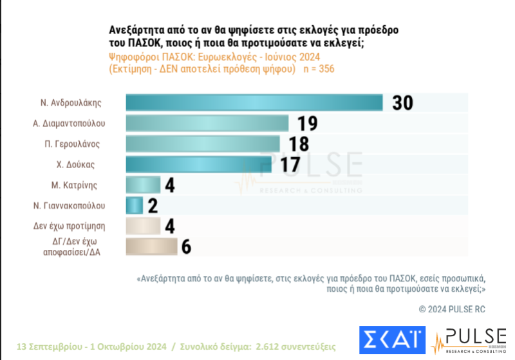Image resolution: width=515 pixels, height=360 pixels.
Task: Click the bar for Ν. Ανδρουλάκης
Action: (x=254, y=103)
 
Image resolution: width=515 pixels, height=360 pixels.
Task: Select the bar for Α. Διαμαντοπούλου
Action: (x=207, y=123)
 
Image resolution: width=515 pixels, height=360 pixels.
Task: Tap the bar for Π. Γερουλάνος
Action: (x=203, y=144)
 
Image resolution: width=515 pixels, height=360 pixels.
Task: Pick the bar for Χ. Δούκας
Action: (x=198, y=164)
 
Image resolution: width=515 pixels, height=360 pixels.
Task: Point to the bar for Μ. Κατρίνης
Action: (x=143, y=185)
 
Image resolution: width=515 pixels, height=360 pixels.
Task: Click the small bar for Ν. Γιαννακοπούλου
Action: (x=134, y=205)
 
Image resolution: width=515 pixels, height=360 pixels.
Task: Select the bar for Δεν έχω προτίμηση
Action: (x=143, y=226)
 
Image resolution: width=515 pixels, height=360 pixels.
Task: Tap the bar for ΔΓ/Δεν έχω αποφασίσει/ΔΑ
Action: (x=151, y=247)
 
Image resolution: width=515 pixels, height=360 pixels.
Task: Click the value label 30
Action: (x=402, y=103)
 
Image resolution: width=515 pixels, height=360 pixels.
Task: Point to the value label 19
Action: (x=307, y=124)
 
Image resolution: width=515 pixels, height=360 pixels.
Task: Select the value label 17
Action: (x=290, y=165)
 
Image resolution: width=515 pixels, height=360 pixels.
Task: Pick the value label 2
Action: (x=153, y=206)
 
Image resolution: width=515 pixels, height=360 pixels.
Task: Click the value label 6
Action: (x=187, y=247)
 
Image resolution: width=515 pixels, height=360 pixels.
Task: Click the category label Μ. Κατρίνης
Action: (x=76, y=185)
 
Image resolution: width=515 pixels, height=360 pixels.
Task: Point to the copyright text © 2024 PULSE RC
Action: (x=451, y=309)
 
